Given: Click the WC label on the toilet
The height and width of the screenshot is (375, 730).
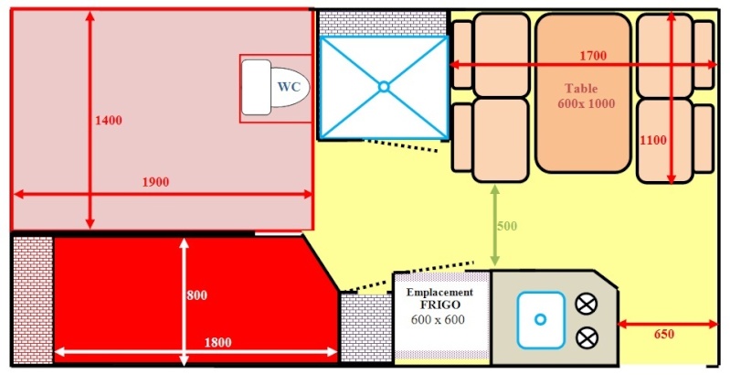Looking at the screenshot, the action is coord(289,87).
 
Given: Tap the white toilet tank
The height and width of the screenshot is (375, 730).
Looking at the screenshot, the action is coord(256,87).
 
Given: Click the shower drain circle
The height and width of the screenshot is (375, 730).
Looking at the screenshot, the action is coord(383,87).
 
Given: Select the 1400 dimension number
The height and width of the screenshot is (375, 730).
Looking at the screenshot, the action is coord(109,121).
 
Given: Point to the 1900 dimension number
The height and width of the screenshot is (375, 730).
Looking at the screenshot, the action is coord(155,182).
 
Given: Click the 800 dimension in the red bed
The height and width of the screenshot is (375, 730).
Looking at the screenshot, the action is coord(196,295).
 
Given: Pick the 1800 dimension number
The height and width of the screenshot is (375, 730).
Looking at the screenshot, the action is coord(217,342).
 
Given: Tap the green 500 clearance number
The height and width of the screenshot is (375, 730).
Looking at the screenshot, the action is coord(507,226).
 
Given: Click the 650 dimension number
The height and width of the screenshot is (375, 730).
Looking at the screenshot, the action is coord(664,335).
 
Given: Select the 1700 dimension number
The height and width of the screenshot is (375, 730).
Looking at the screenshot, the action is coord(593,56).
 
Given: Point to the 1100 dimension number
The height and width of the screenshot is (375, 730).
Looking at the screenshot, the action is coord(652,140).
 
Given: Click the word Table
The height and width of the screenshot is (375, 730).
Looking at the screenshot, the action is coord(581,88).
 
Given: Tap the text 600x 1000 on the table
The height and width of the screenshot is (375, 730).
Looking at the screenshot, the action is coord(587,103).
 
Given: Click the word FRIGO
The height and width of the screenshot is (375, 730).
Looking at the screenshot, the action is coord(440,305).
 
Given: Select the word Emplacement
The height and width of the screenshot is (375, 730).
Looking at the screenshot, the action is coord(440,293).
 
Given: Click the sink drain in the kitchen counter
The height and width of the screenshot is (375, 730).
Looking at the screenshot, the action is coord(540,319).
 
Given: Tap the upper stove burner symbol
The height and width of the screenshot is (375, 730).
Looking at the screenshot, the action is coord(587,305).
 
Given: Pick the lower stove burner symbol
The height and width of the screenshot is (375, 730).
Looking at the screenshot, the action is coord(587,337).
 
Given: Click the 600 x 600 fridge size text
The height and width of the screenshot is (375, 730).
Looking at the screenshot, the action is coord(439,320).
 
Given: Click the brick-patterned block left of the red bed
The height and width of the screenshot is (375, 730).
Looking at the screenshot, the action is coord(33,300).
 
